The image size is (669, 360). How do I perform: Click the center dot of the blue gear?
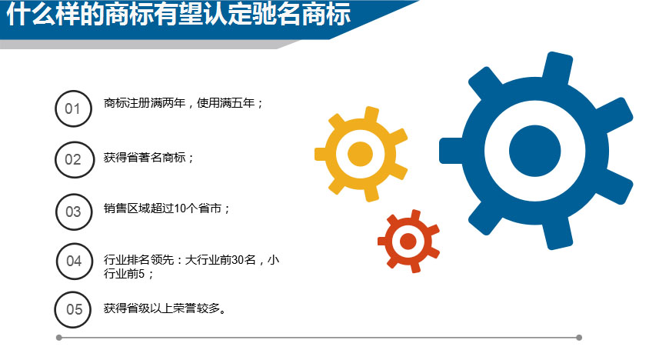534,151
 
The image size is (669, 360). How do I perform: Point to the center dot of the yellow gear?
360,154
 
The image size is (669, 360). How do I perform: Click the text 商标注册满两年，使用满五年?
179,103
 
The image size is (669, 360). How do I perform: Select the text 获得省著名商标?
145,158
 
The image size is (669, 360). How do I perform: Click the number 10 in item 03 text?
181,208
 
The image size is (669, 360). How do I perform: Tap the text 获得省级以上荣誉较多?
161,308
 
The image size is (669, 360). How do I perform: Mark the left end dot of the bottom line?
59,338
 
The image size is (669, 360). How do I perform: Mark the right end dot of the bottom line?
579,338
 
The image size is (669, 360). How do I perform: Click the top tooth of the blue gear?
558,65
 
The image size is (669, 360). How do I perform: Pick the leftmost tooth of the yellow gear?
321,154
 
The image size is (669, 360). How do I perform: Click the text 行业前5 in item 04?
124,273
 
